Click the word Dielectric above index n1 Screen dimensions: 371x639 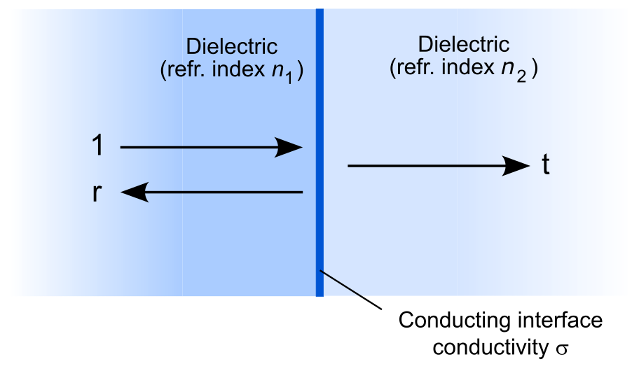point(231,47)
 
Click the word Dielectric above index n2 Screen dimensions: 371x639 point(463,44)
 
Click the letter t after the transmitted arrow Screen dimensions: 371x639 point(545,166)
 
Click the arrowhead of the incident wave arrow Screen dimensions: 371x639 point(289,147)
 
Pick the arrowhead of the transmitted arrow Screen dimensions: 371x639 point(517,166)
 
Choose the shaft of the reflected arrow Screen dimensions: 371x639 point(224,192)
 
